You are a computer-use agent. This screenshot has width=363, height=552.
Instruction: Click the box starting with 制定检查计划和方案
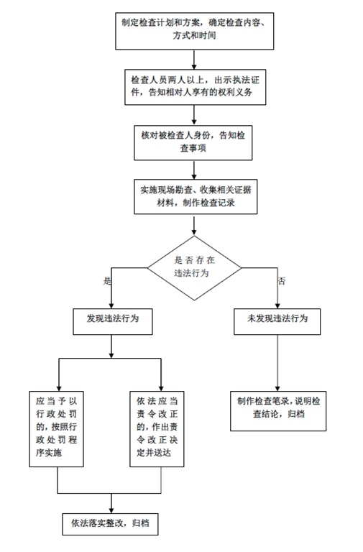[194, 31]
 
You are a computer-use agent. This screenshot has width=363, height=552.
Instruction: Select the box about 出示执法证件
[195, 87]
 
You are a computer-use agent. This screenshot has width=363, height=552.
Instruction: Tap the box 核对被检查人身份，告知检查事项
[193, 142]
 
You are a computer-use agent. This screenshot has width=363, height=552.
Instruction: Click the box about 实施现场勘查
[196, 196]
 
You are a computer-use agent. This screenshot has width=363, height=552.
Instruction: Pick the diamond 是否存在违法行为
[194, 268]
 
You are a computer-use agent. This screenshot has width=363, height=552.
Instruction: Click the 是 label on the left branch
[106, 281]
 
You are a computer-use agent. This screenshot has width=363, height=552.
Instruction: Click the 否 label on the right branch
[282, 281]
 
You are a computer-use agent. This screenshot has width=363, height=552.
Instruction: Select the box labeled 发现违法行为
[113, 321]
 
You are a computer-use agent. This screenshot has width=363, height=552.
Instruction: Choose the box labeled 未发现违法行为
[277, 321]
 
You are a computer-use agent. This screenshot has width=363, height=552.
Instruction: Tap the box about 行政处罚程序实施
[56, 429]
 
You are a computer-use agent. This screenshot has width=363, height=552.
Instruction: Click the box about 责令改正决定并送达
[157, 429]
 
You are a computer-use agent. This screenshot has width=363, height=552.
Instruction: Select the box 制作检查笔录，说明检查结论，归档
[278, 411]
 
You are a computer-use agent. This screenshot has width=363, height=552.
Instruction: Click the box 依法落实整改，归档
[110, 524]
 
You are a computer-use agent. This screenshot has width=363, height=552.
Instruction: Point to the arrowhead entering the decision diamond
[194, 233]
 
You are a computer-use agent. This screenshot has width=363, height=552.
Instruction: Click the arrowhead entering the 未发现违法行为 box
[277, 306]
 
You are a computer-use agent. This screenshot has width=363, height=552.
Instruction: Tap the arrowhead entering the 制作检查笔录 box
[277, 388]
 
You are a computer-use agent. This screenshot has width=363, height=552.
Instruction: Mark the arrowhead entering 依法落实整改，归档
[111, 510]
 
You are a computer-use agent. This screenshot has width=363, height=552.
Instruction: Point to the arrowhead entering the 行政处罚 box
[59, 388]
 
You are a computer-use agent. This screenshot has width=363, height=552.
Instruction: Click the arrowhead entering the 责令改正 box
[161, 388]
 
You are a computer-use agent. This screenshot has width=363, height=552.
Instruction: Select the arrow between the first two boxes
[194, 60]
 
